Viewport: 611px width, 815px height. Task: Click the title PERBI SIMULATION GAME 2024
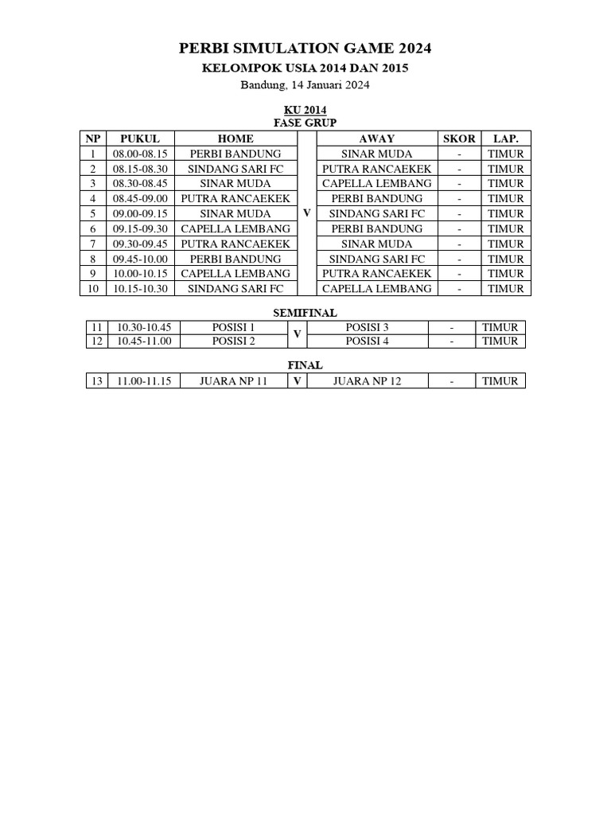(305, 49)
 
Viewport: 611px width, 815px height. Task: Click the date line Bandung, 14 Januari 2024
(305, 84)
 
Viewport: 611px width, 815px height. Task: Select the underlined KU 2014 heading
(305, 110)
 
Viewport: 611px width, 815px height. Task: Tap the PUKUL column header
(140, 138)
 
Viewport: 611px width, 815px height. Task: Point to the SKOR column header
(459, 138)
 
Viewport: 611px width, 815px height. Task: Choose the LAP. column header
(506, 138)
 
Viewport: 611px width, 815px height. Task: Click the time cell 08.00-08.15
(140, 154)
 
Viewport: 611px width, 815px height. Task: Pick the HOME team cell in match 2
(235, 169)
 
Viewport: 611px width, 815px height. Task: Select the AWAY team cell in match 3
(376, 183)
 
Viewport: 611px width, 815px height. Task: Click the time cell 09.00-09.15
(140, 213)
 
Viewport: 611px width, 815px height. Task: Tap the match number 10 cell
(93, 288)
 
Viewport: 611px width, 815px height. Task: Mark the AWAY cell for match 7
(376, 244)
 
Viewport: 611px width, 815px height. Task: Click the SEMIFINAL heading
(305, 314)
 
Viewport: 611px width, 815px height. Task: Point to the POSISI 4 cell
(368, 341)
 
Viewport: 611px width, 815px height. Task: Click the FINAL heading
(305, 365)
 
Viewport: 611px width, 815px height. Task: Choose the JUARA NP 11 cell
(234, 380)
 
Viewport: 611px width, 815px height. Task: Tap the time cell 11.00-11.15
(144, 380)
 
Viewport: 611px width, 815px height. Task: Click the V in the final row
(297, 380)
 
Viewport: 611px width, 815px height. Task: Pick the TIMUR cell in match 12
(500, 341)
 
